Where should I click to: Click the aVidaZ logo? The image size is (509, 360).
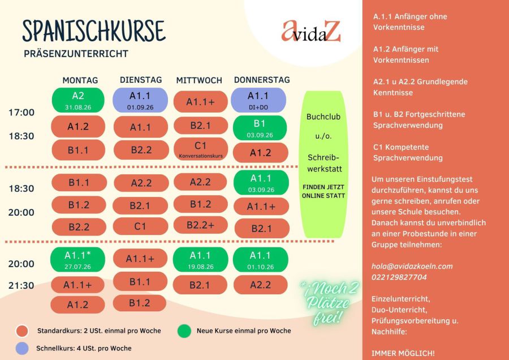pyautogui.click(x=311, y=31)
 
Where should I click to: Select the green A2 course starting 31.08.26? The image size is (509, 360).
pyautogui.click(x=78, y=100)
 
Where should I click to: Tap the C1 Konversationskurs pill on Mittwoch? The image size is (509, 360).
pyautogui.click(x=201, y=149)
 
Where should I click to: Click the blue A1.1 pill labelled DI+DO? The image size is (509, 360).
pyautogui.click(x=258, y=100)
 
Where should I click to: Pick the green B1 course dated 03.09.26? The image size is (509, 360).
pyautogui.click(x=260, y=128)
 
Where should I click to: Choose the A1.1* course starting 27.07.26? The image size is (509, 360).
pyautogui.click(x=77, y=260)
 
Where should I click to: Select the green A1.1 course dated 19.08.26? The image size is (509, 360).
pyautogui.click(x=200, y=260)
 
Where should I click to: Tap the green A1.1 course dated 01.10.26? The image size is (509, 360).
pyautogui.click(x=260, y=260)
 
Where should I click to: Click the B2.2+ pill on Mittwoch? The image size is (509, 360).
pyautogui.click(x=200, y=225)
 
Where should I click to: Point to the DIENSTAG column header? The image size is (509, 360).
pyautogui.click(x=141, y=80)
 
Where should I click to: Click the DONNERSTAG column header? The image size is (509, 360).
pyautogui.click(x=262, y=80)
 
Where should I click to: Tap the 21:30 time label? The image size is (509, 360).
pyautogui.click(x=21, y=286)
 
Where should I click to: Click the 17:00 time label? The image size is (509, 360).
pyautogui.click(x=21, y=113)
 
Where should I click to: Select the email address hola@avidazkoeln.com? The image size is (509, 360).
pyautogui.click(x=412, y=267)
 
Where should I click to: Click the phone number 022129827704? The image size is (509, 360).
pyautogui.click(x=399, y=277)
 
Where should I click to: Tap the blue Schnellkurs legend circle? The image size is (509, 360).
pyautogui.click(x=22, y=348)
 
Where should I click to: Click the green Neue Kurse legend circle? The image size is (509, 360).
pyautogui.click(x=184, y=331)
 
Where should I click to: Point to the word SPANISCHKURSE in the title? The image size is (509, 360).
pyautogui.click(x=94, y=31)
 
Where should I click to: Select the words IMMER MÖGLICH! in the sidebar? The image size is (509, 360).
pyautogui.click(x=403, y=353)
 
